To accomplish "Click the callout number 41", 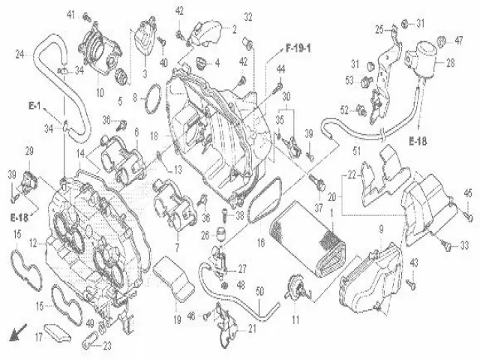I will click(71, 15).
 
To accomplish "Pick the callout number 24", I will click(20, 53).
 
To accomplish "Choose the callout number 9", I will click(380, 228).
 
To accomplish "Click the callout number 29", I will click(29, 152).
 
